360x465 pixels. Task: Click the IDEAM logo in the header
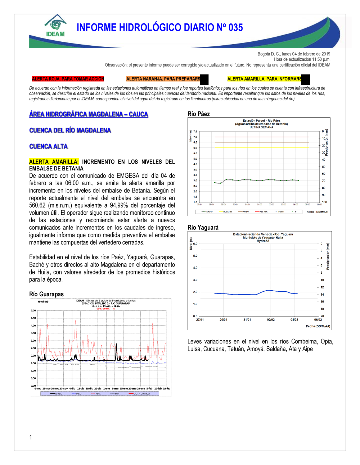click(55, 26)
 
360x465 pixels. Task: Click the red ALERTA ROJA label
click(68, 79)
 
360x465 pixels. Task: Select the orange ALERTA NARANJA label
click(163, 79)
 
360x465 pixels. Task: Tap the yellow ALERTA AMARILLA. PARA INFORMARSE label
click(265, 79)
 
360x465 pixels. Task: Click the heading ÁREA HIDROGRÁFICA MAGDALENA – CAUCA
click(89, 114)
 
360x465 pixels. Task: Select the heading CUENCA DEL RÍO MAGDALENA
click(70, 130)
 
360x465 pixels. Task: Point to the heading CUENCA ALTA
click(48, 146)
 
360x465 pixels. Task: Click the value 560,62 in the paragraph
click(37, 205)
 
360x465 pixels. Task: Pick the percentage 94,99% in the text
click(121, 205)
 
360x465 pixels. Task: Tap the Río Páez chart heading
click(198, 114)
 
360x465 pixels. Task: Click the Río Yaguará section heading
click(203, 227)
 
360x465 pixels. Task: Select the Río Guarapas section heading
click(46, 294)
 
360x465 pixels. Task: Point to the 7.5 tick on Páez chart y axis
click(195, 132)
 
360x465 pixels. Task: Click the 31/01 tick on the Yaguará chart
click(247, 319)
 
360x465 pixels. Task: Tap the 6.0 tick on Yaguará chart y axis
click(195, 244)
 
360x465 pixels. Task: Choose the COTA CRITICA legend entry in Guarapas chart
click(141, 394)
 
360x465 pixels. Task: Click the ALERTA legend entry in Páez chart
click(263, 212)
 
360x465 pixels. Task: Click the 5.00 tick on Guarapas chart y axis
click(33, 310)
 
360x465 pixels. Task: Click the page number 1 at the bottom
click(31, 437)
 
